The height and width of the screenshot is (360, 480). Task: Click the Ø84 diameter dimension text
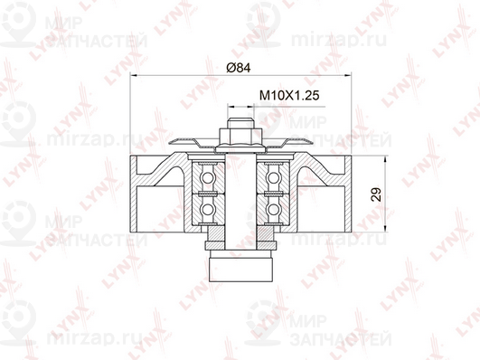(x=239, y=68)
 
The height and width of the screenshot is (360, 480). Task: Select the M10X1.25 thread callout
(x=289, y=95)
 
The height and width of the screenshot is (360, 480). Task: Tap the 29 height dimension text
(x=376, y=194)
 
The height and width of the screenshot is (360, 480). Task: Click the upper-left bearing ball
(x=208, y=177)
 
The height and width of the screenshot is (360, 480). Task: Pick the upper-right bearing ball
(x=273, y=177)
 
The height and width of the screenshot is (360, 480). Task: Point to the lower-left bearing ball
(x=208, y=210)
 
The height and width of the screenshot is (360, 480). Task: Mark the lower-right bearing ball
(x=273, y=210)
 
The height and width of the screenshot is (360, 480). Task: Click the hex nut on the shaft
(x=240, y=137)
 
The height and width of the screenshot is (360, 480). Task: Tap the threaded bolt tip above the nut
(x=240, y=123)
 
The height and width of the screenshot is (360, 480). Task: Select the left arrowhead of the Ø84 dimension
(x=135, y=74)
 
